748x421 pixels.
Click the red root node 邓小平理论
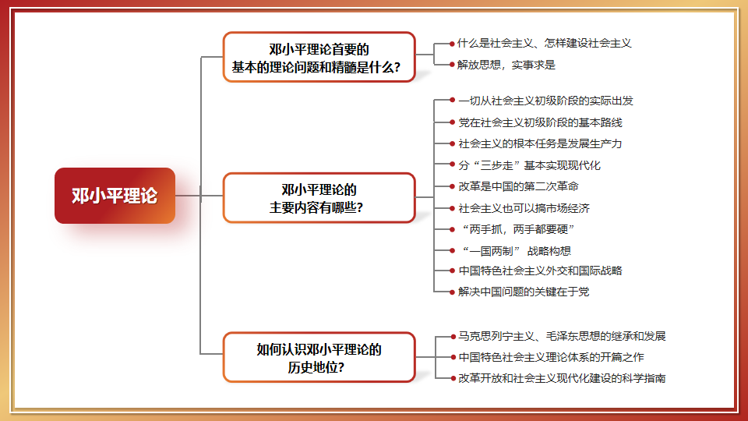[115, 196]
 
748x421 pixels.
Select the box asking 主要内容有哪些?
[319, 198]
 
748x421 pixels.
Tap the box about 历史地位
[319, 358]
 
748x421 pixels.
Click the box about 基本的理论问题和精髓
[319, 58]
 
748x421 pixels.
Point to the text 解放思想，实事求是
[506, 65]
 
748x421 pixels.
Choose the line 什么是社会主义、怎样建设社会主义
[544, 43]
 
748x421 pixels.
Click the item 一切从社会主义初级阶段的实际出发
[545, 101]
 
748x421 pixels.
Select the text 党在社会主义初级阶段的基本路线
[540, 122]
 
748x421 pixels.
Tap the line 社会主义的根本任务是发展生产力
[540, 143]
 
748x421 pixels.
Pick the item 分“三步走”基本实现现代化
[529, 165]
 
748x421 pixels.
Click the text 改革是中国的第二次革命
[518, 186]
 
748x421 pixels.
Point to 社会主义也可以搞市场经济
[524, 208]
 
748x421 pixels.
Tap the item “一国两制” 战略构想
[514, 250]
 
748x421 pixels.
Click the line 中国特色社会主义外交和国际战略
[540, 271]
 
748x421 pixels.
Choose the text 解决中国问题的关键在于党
[524, 292]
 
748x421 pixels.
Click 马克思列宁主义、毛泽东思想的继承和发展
[562, 336]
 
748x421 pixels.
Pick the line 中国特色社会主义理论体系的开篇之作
[551, 357]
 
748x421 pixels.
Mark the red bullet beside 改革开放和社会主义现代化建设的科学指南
[452, 378]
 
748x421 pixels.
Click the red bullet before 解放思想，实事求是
[452, 65]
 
